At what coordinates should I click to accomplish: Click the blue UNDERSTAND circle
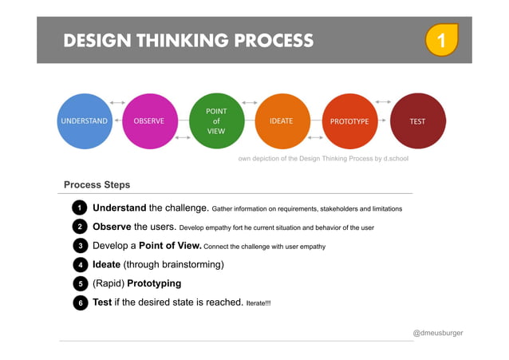[x=84, y=121]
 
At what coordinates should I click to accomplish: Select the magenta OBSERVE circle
[x=149, y=121]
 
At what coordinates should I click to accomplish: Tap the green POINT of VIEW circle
[x=216, y=121]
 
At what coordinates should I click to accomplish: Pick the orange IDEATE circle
[x=282, y=121]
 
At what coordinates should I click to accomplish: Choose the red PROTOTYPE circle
[x=349, y=121]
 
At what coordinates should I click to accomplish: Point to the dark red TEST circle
[x=416, y=121]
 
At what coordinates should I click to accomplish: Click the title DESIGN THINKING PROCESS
[x=188, y=41]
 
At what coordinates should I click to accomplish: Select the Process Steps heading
[x=97, y=184]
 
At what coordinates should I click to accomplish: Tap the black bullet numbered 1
[x=78, y=208]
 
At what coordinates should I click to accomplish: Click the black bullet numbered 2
[x=78, y=227]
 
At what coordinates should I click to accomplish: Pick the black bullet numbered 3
[x=78, y=246]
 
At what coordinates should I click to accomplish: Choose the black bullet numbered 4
[x=78, y=264]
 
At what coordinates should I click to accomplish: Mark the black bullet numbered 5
[x=78, y=283]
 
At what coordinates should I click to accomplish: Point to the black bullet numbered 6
[x=78, y=303]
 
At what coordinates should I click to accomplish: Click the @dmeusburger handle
[x=437, y=332]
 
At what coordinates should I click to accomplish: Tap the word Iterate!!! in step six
[x=258, y=303]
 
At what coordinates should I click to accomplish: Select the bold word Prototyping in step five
[x=154, y=283]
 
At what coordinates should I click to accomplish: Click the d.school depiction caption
[x=323, y=159]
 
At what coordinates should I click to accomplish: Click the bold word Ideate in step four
[x=106, y=264]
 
